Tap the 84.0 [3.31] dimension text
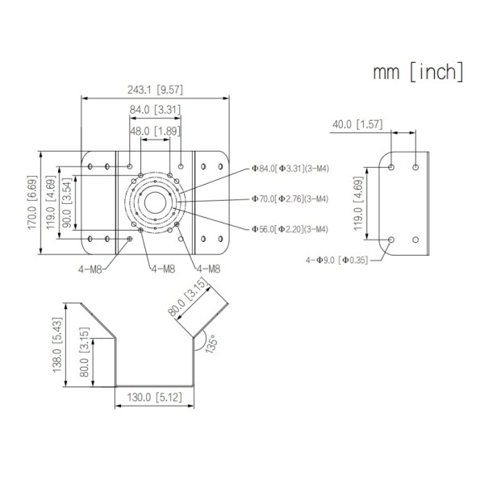(155, 110)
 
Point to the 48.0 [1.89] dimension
(155, 130)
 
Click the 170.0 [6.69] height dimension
(32, 202)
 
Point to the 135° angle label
(211, 344)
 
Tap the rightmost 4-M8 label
(207, 268)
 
